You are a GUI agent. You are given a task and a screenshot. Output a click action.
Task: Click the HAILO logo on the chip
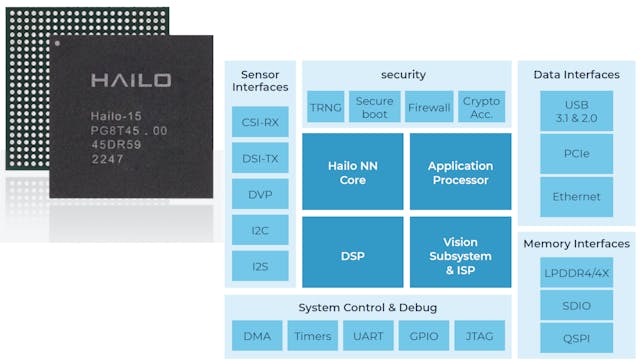point(130,80)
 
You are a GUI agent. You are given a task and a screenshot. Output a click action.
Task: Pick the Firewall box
point(428,107)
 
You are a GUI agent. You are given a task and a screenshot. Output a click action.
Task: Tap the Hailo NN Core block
point(353,173)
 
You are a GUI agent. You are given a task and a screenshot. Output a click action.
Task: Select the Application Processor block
point(460,173)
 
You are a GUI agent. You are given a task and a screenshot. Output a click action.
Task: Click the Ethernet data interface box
point(576,197)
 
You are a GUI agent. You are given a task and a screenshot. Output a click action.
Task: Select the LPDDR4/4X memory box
point(576,273)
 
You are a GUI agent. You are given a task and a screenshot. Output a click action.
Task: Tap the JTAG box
point(480,337)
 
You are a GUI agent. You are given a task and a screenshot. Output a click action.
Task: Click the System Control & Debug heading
point(367,306)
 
